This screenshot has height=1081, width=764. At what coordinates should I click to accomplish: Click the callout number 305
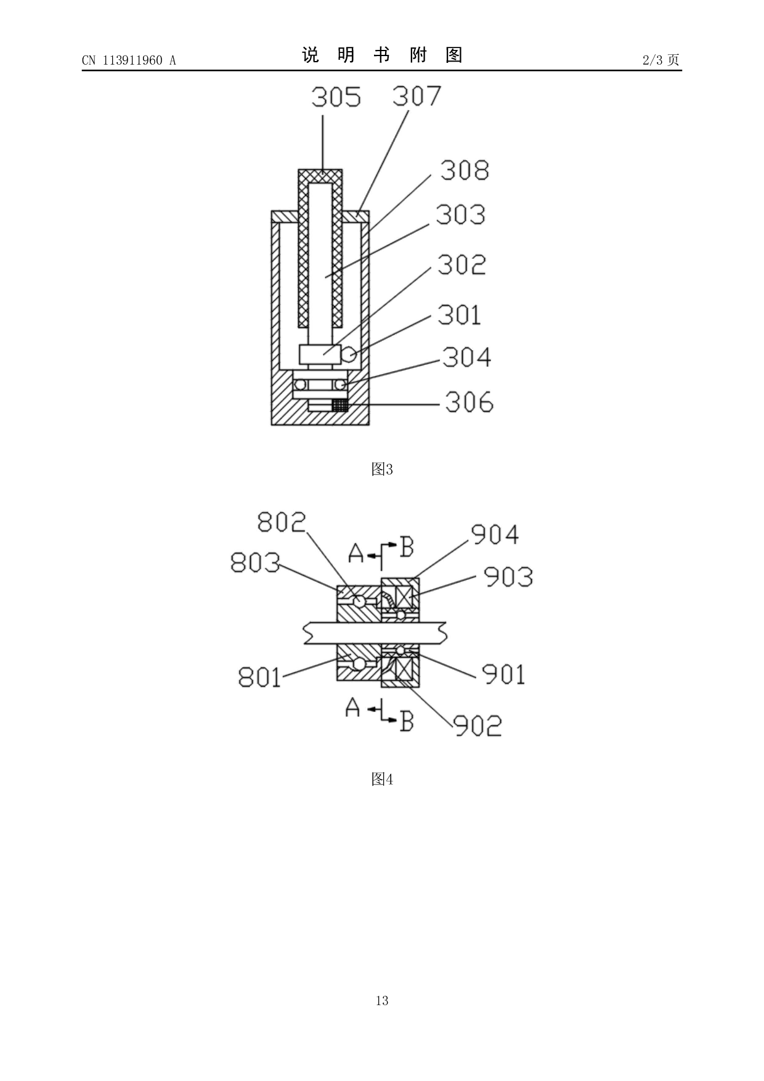point(336,97)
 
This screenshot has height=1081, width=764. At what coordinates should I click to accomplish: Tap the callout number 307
point(417,96)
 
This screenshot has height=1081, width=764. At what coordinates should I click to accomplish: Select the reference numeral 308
point(465,171)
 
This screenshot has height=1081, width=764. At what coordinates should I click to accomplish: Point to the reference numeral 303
point(460,214)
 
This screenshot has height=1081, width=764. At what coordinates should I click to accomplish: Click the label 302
point(461,265)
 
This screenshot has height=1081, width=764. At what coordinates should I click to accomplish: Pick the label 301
point(459,315)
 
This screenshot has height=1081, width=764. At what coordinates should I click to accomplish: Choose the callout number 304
point(466,357)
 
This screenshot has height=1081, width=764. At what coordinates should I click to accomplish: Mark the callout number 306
point(469,402)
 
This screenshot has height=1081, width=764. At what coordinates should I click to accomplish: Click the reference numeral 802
point(282,522)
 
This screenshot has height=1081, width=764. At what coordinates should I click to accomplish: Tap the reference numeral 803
point(255,562)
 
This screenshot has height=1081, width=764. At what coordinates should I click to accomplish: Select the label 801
point(259,677)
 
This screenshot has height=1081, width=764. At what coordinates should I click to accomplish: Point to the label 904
point(495,534)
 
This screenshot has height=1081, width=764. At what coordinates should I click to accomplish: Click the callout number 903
point(508,577)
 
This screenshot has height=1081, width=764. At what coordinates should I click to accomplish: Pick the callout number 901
point(503,674)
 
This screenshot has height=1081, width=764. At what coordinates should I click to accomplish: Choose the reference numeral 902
point(477,725)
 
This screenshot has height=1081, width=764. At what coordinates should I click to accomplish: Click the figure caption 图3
point(382,470)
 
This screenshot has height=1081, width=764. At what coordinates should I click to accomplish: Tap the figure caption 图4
point(382,780)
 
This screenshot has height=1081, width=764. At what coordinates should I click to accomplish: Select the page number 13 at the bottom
point(382,1000)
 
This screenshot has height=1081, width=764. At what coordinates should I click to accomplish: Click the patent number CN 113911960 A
point(129,60)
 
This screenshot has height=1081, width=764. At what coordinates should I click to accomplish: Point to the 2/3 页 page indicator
point(660,60)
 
